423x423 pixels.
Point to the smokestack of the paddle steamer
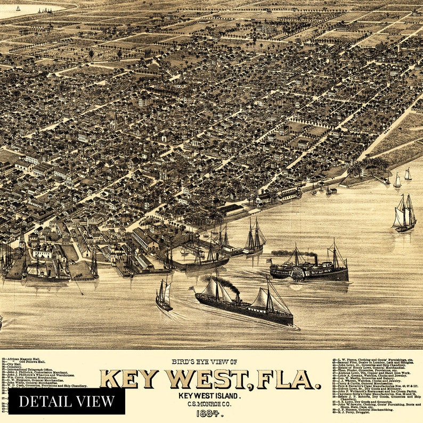point(314,259)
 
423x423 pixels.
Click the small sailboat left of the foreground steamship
point(164,296)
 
